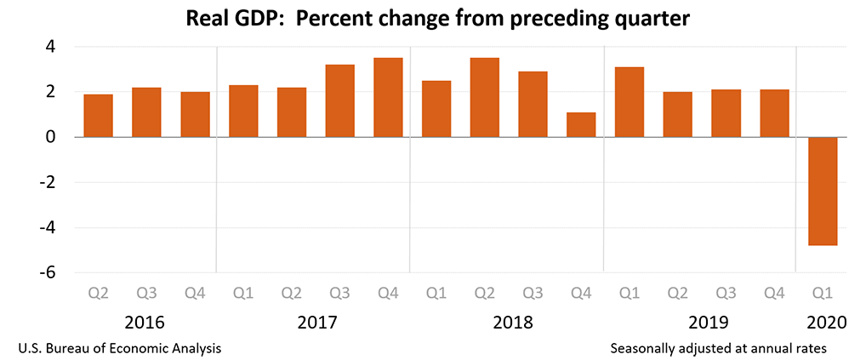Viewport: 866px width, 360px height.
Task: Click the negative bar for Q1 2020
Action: pos(823,191)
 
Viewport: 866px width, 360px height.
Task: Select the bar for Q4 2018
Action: pos(581,124)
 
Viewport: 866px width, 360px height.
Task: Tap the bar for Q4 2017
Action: pos(388,97)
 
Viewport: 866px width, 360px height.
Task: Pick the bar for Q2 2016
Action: pos(98,116)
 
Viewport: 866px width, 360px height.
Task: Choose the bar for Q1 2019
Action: pos(630,101)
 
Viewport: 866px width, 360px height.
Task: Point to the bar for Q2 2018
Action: pos(485,97)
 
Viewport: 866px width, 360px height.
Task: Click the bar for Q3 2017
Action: pos(339,100)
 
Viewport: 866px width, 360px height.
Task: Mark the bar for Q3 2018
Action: pos(533,104)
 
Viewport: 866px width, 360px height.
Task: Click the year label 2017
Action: pos(317,323)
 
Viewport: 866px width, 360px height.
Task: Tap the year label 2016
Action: pos(145,323)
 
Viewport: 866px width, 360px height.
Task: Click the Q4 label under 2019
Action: pos(774,294)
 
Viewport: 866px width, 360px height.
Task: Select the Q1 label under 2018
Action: pos(436,294)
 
